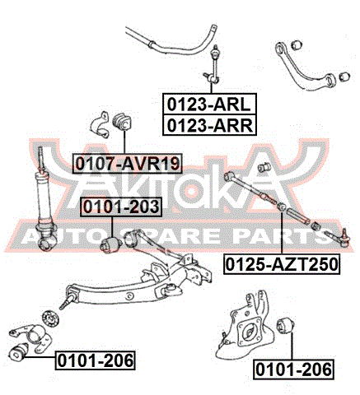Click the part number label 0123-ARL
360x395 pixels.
[209, 104]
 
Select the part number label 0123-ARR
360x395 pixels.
[209, 125]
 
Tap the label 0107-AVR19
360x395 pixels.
[128, 164]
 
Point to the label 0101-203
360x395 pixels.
[121, 207]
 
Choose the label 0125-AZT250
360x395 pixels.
[282, 264]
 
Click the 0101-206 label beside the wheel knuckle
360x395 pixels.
[294, 369]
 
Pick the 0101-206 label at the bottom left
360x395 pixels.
[96, 360]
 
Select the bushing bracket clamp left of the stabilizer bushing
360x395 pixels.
[100, 125]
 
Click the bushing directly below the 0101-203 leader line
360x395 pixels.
[111, 245]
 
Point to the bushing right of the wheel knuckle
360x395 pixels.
[286, 326]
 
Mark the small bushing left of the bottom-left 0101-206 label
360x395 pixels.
[19, 351]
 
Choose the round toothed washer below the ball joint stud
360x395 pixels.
[50, 318]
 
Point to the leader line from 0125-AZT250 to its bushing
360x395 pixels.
[282, 233]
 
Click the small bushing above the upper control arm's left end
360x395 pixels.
[297, 44]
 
